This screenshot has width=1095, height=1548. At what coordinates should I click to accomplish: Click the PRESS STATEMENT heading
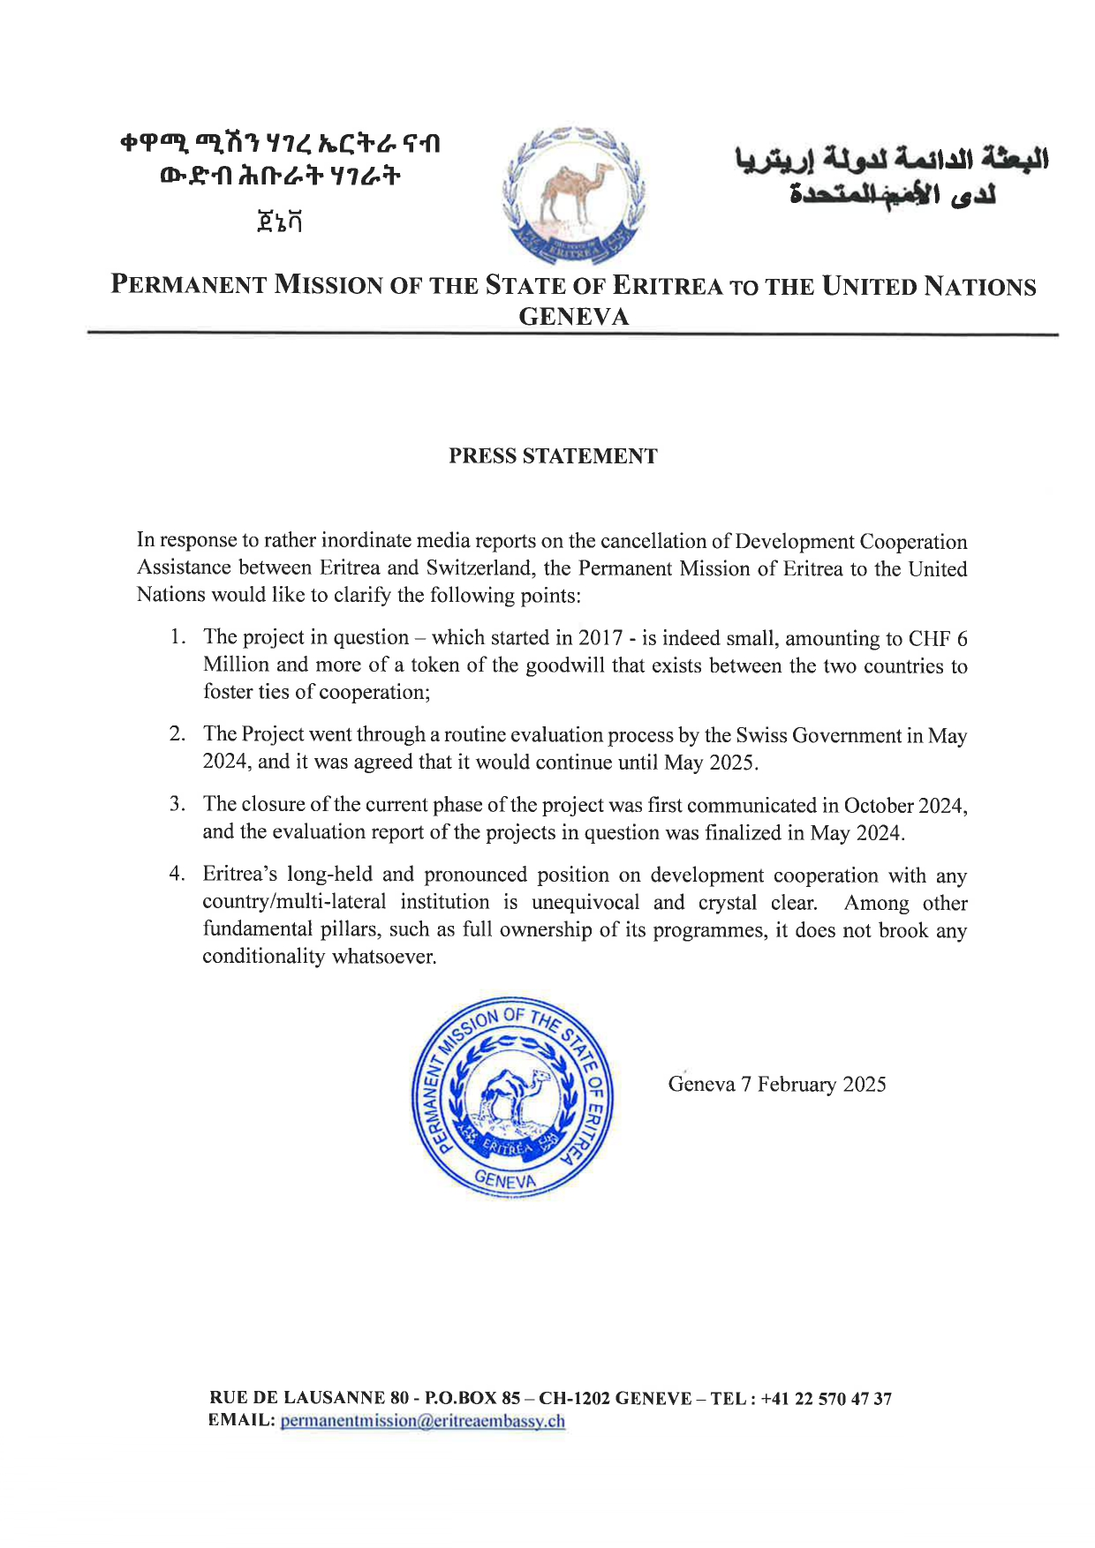pos(553,456)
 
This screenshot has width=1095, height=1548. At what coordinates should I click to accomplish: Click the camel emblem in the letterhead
pos(573,196)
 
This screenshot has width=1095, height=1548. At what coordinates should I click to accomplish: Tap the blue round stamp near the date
pos(512,1097)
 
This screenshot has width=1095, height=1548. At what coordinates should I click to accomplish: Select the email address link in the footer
pos(422,1421)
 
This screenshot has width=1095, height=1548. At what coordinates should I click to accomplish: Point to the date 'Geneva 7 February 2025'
pos(777,1085)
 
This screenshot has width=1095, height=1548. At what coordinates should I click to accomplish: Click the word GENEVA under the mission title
pos(574,317)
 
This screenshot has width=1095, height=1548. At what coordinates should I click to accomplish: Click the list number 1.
pos(177,637)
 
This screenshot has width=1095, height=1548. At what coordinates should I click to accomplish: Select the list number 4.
pos(177,875)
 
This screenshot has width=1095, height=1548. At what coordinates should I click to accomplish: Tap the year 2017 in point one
pos(600,638)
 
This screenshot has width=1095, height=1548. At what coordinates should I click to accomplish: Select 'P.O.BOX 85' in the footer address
pos(472,1399)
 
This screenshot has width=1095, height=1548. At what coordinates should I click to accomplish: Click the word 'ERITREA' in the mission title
pos(668,286)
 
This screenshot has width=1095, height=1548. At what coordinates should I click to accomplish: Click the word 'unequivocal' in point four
pos(585,903)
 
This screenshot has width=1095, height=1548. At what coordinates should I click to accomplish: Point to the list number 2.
pos(177,734)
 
